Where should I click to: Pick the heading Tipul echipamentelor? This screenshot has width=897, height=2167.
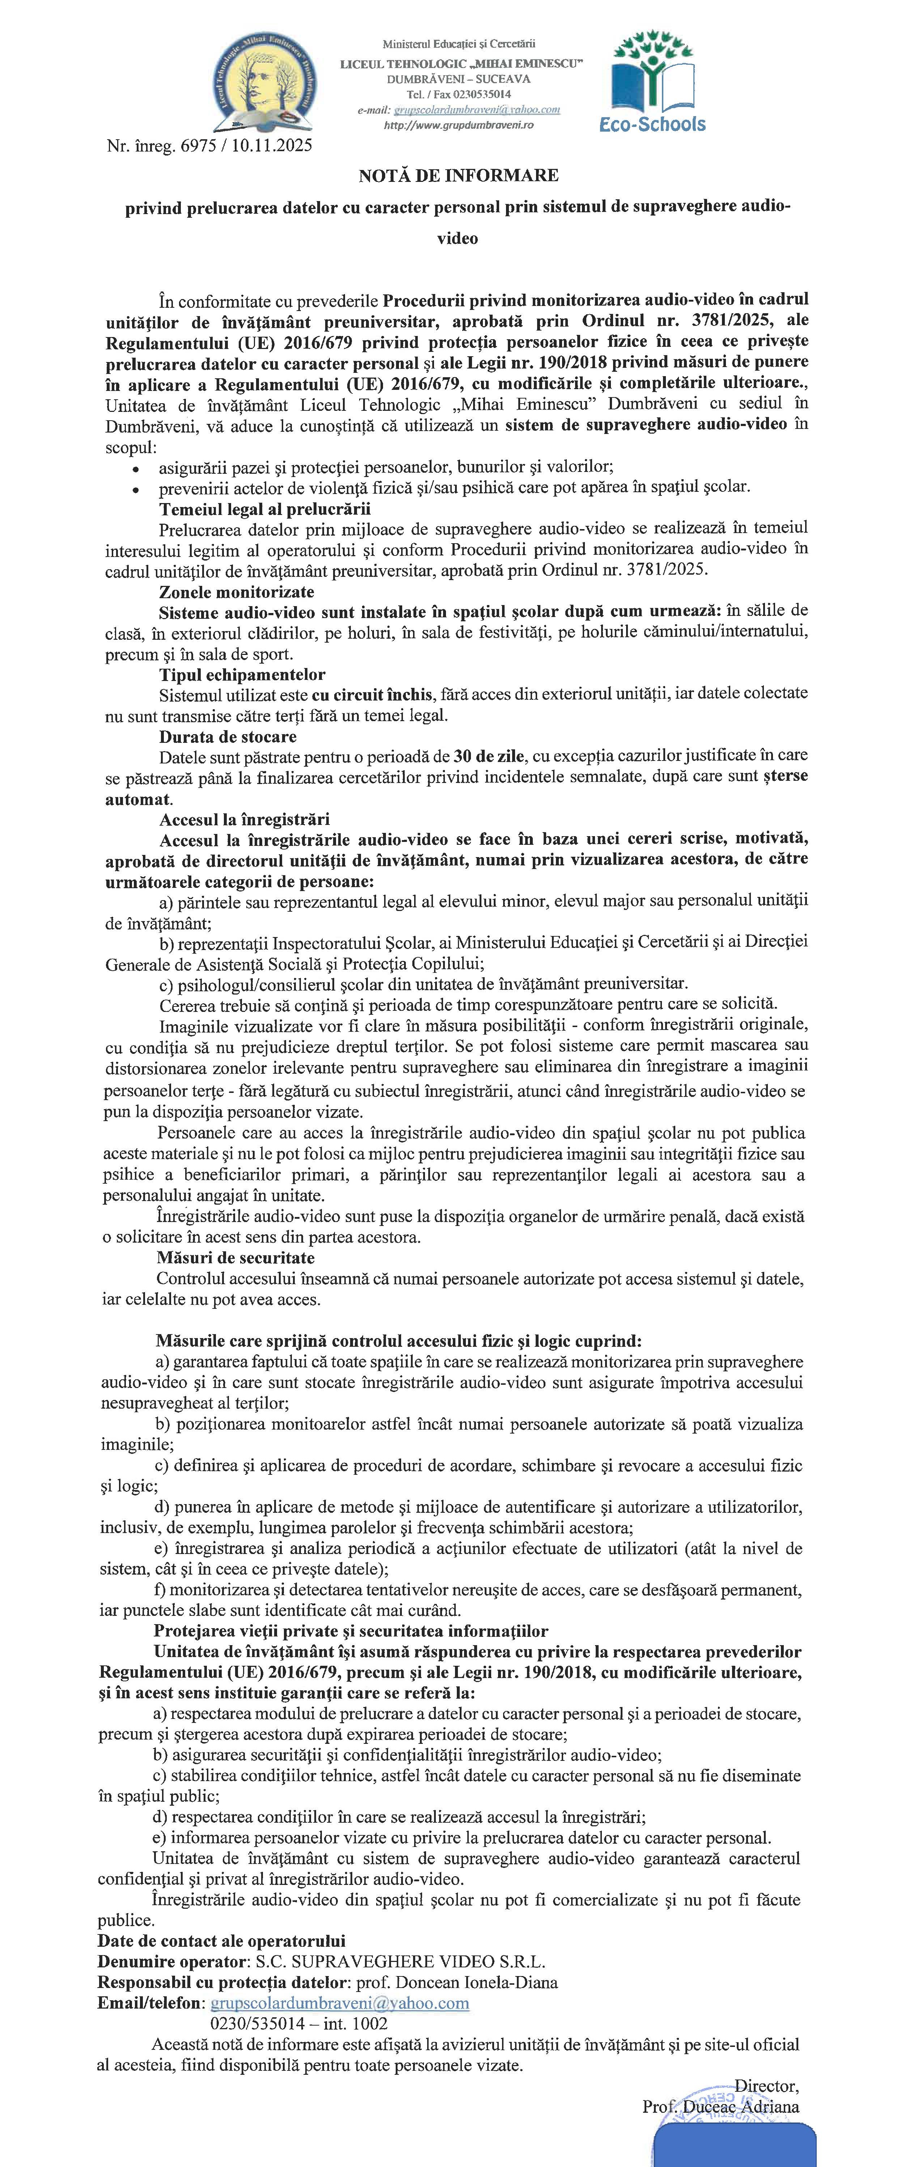click(x=242, y=675)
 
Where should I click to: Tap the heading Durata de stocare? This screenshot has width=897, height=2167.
click(x=227, y=737)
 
